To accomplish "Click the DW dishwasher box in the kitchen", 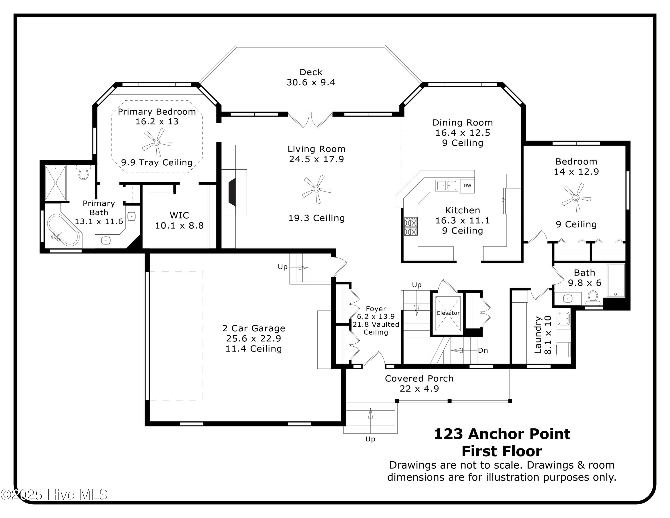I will (x=467, y=186).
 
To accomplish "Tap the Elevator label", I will (x=448, y=313).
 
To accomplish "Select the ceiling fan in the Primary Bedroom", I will (x=157, y=142).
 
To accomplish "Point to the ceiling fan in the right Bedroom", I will (x=576, y=197).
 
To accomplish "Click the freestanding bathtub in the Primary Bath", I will (x=64, y=230).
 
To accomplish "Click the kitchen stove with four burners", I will (x=410, y=226).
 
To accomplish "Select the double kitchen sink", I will (x=447, y=185).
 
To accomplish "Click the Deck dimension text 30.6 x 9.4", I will (x=311, y=82).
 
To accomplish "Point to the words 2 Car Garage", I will (x=254, y=328).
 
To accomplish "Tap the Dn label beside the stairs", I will (x=483, y=350).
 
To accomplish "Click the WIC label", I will (x=179, y=215).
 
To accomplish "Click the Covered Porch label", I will (x=419, y=378).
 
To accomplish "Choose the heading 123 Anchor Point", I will (x=502, y=434).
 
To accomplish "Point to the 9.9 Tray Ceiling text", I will (x=157, y=162).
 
